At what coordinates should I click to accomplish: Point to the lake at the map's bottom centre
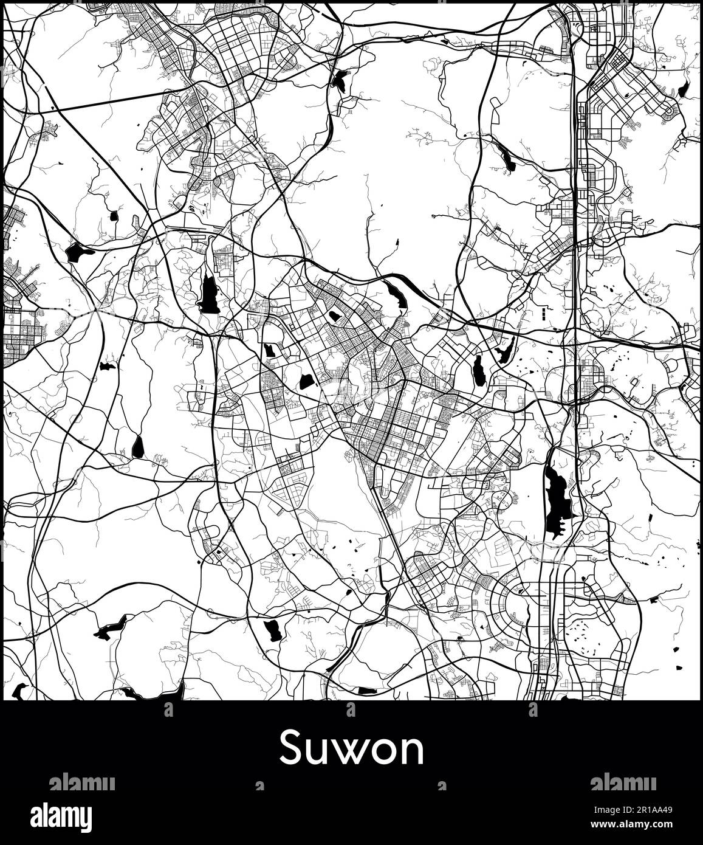[272, 630]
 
